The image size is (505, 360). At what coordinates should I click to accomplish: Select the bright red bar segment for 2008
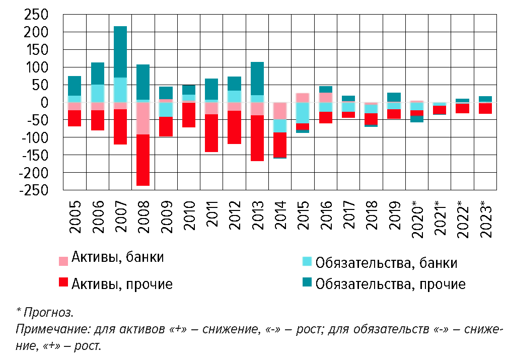[x=143, y=160]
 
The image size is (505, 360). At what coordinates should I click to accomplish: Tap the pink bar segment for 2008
[x=143, y=118]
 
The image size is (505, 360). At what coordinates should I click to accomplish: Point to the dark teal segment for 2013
[x=257, y=79]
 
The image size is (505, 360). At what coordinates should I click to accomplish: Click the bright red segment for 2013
[x=257, y=138]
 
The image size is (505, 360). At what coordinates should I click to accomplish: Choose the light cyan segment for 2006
[x=98, y=93]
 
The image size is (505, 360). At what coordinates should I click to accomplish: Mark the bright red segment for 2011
[x=211, y=133]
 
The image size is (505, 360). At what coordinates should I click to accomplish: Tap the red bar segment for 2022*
[x=463, y=108]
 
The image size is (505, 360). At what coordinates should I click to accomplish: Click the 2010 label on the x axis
[x=189, y=216]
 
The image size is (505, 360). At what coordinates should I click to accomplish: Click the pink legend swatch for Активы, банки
[x=63, y=261]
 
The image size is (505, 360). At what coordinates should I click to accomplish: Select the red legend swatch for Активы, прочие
[x=63, y=282]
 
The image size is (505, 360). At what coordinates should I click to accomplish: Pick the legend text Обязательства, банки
[x=386, y=263]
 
